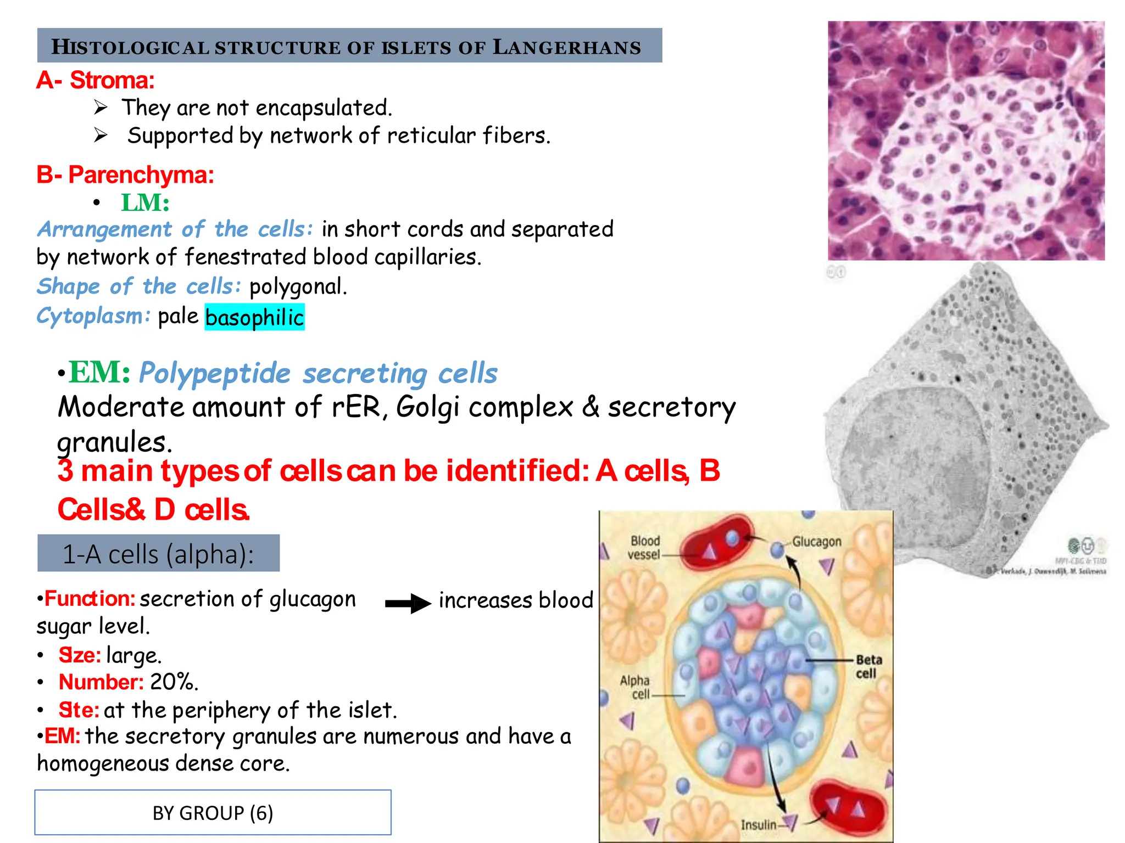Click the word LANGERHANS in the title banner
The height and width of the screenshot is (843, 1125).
click(x=566, y=47)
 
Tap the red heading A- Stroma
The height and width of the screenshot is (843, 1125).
click(x=96, y=81)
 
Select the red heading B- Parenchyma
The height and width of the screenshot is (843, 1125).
click(x=125, y=175)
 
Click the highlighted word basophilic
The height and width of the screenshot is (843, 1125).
click(x=254, y=318)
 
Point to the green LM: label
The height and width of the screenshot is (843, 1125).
click(x=145, y=203)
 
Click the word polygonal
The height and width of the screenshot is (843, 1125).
click(x=298, y=286)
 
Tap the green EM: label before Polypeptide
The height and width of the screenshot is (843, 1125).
click(x=99, y=373)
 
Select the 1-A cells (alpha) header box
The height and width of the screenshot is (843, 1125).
click(x=158, y=554)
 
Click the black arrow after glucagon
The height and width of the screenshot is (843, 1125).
click(x=408, y=603)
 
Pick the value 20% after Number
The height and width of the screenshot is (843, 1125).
click(x=174, y=682)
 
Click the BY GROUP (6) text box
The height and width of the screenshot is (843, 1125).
click(x=213, y=813)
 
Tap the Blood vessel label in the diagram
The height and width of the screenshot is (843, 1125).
click(x=644, y=548)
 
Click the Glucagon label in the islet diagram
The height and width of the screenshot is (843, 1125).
click(x=816, y=542)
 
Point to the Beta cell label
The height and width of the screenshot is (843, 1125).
click(x=868, y=666)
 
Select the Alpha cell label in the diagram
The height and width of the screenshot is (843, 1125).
click(x=636, y=687)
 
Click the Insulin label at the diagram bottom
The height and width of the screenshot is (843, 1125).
click(x=758, y=824)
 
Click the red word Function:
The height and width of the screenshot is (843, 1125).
click(x=90, y=599)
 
